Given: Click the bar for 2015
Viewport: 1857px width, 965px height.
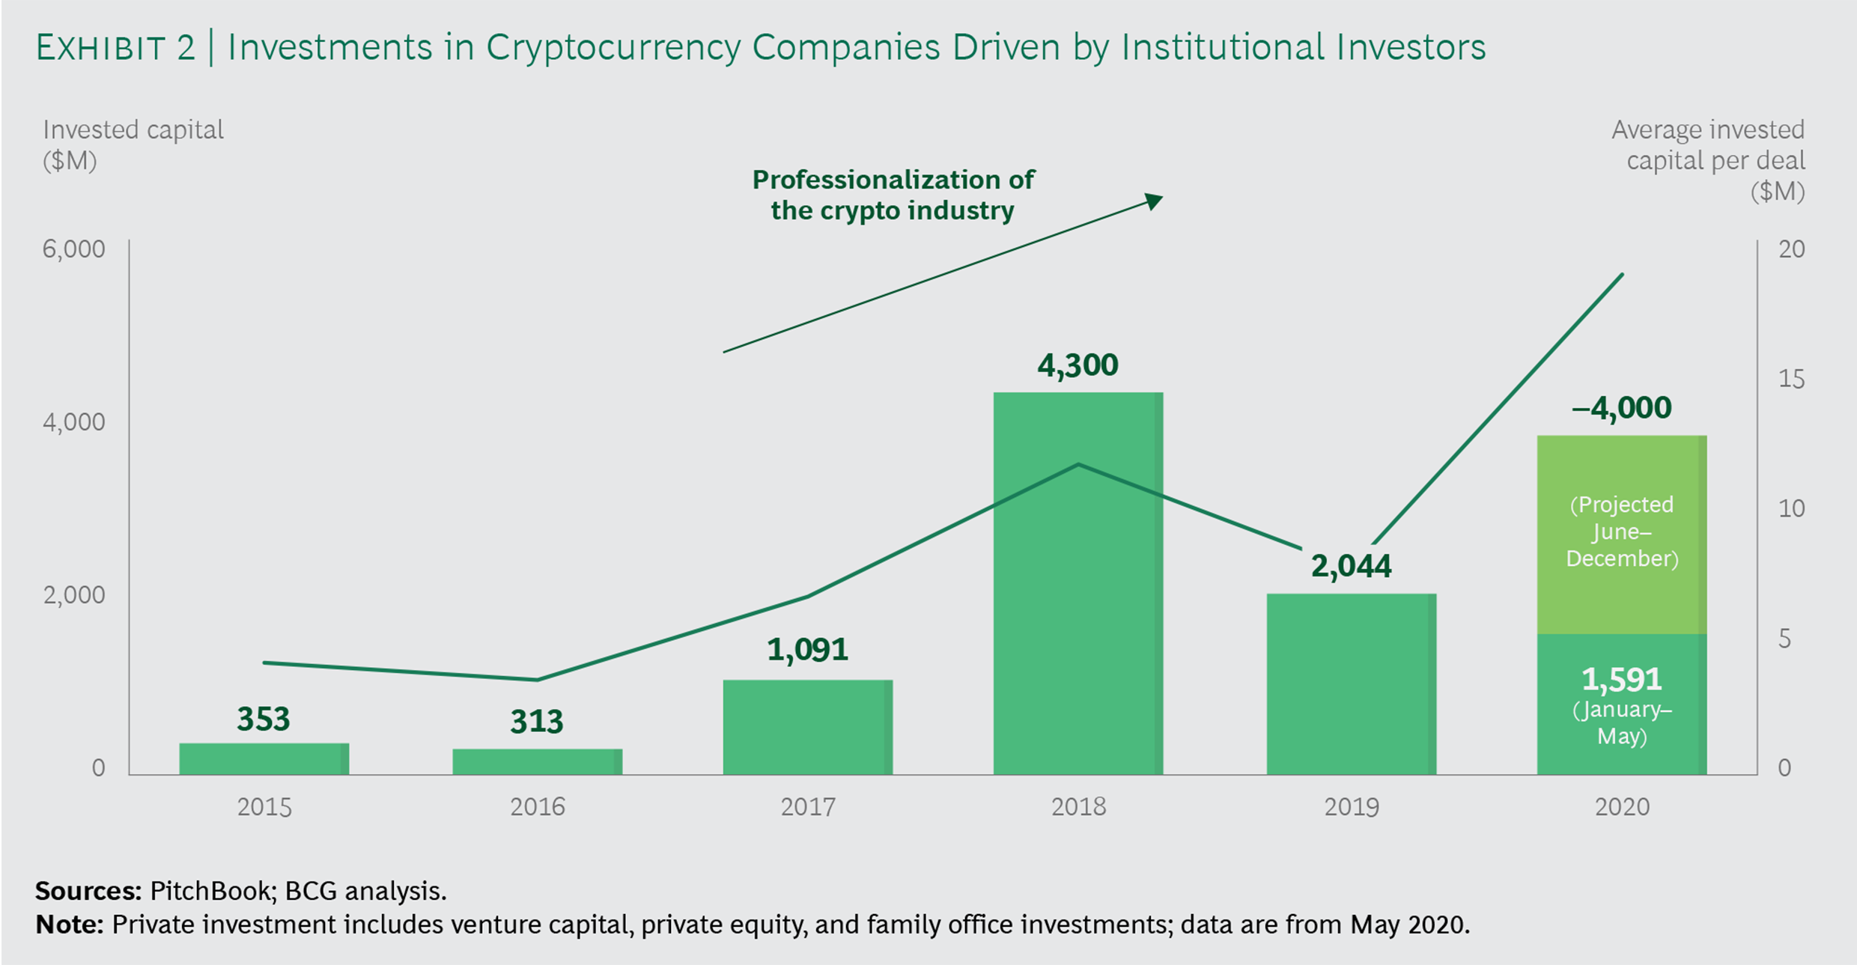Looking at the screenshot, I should pos(264,758).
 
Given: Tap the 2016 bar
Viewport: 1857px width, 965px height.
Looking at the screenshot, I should pos(537,761).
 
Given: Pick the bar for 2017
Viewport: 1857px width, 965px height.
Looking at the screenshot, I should pos(807,727).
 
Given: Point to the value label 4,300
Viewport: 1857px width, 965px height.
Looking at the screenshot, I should pos(1078,365).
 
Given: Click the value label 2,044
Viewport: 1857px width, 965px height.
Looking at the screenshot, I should pos(1351,566).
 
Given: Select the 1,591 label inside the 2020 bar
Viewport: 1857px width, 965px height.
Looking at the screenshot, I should pos(1621,680).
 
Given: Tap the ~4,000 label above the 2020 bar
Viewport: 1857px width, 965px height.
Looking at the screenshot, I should pos(1621,408).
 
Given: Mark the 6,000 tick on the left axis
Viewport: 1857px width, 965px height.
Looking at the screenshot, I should pos(73,249).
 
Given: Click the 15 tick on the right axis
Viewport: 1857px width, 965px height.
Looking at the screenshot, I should pos(1791,379).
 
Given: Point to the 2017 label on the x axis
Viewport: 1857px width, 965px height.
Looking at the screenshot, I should pos(807,806).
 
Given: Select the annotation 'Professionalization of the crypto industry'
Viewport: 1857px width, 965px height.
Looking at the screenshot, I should pos(893,195).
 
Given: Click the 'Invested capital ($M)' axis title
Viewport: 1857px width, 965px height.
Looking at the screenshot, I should pos(133,144).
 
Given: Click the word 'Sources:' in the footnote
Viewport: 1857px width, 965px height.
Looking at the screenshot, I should pos(88,891).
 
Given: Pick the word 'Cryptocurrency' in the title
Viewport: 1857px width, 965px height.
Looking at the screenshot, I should pos(613,47).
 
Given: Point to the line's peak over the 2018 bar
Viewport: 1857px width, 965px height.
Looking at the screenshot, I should pos(1078,464).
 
